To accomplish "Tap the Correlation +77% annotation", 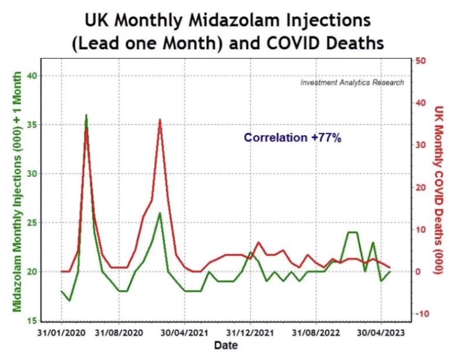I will point(292,138).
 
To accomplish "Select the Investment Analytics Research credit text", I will point(352,83).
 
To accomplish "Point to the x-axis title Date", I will point(226,346).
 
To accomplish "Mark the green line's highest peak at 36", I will point(86,115).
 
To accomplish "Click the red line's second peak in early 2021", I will point(160,119).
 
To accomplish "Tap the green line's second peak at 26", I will point(160,213).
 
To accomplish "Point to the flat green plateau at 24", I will point(352,232).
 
